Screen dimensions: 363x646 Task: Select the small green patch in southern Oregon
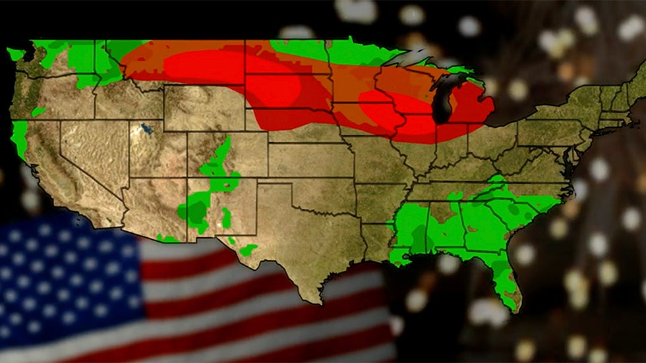point(38,111)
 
